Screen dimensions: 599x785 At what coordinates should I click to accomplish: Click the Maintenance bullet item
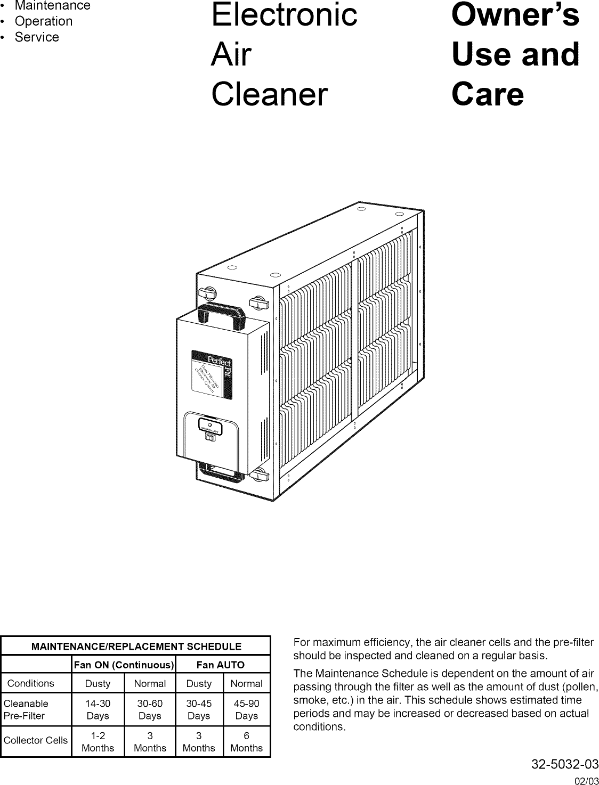52,6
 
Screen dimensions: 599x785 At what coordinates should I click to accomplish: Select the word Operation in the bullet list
43,21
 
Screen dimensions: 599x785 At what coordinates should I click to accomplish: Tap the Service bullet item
37,37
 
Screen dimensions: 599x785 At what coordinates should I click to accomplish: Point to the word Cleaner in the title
269,95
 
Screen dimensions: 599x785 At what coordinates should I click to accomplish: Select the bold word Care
487,95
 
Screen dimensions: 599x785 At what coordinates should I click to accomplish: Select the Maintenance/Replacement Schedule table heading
136,647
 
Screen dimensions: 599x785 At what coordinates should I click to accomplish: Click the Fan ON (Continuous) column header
124,665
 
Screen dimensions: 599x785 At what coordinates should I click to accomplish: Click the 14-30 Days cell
98,710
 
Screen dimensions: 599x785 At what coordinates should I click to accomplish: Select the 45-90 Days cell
246,710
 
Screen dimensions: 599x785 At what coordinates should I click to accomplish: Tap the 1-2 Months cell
98,742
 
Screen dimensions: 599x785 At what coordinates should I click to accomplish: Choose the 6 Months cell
246,742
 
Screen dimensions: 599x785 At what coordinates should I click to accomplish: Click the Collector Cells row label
36,740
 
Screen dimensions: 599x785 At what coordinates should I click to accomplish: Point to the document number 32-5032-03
565,765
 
